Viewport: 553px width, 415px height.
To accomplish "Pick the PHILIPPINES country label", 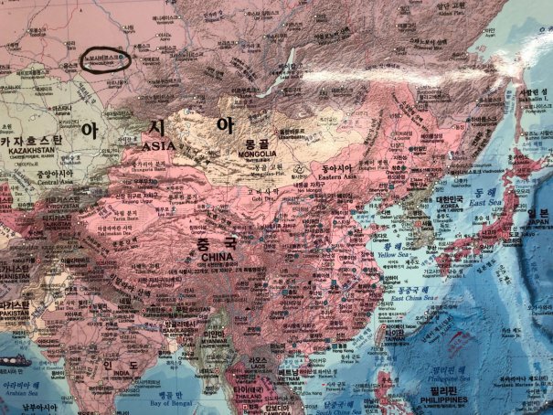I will click(x=443, y=400).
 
